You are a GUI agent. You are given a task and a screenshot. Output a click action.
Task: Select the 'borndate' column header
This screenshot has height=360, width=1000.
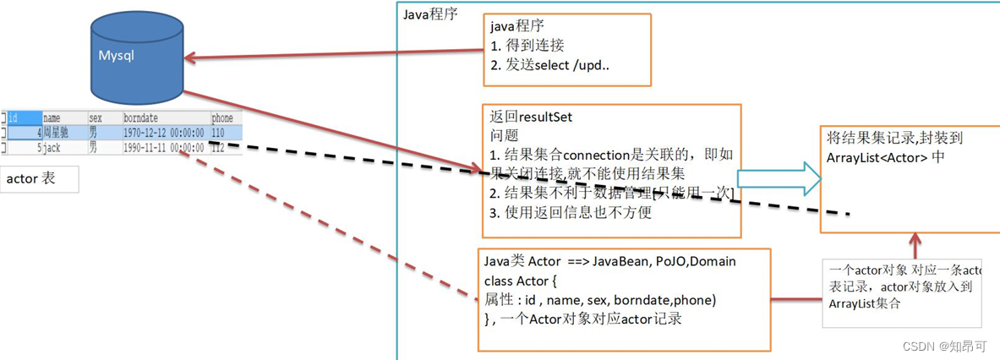point(140,118)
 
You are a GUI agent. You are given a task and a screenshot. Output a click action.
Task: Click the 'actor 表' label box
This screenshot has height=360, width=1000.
point(40,179)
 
